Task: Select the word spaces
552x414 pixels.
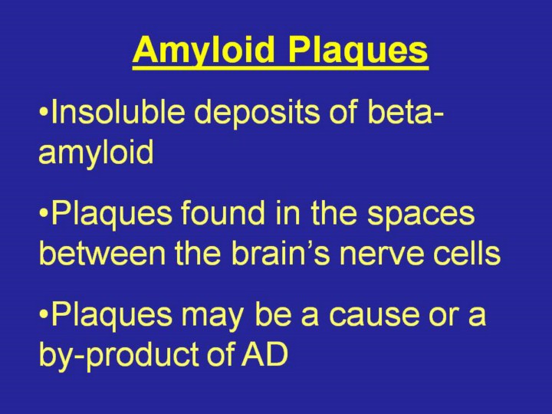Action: coord(421,215)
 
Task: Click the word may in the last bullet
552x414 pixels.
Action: coord(212,317)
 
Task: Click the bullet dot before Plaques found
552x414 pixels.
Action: coord(44,215)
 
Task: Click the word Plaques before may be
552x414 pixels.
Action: coord(112,315)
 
